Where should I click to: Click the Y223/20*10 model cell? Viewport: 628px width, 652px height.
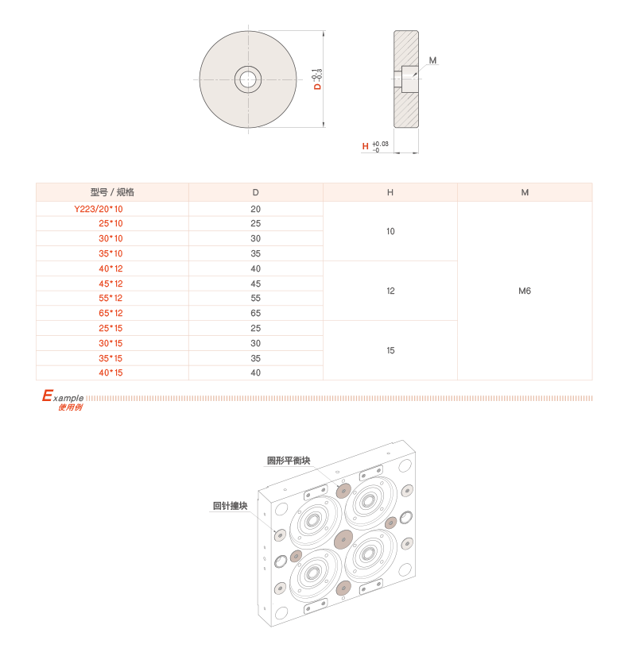(98, 209)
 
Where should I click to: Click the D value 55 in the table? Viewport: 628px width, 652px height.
(255, 299)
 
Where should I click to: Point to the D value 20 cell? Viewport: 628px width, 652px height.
(255, 209)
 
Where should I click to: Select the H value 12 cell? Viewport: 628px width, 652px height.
(390, 291)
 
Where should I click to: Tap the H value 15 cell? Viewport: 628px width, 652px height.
(390, 350)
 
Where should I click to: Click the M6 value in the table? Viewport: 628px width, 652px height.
(525, 291)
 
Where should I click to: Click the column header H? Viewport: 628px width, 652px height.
(390, 192)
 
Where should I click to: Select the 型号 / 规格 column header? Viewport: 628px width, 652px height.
(112, 192)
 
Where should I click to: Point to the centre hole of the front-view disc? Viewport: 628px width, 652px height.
(247, 79)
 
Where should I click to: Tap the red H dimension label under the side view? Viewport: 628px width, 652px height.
(366, 146)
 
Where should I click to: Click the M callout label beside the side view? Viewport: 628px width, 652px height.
(433, 60)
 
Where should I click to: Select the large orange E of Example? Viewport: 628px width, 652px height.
(48, 395)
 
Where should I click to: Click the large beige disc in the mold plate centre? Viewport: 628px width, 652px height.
(343, 540)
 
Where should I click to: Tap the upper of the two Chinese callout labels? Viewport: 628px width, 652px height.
(289, 460)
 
